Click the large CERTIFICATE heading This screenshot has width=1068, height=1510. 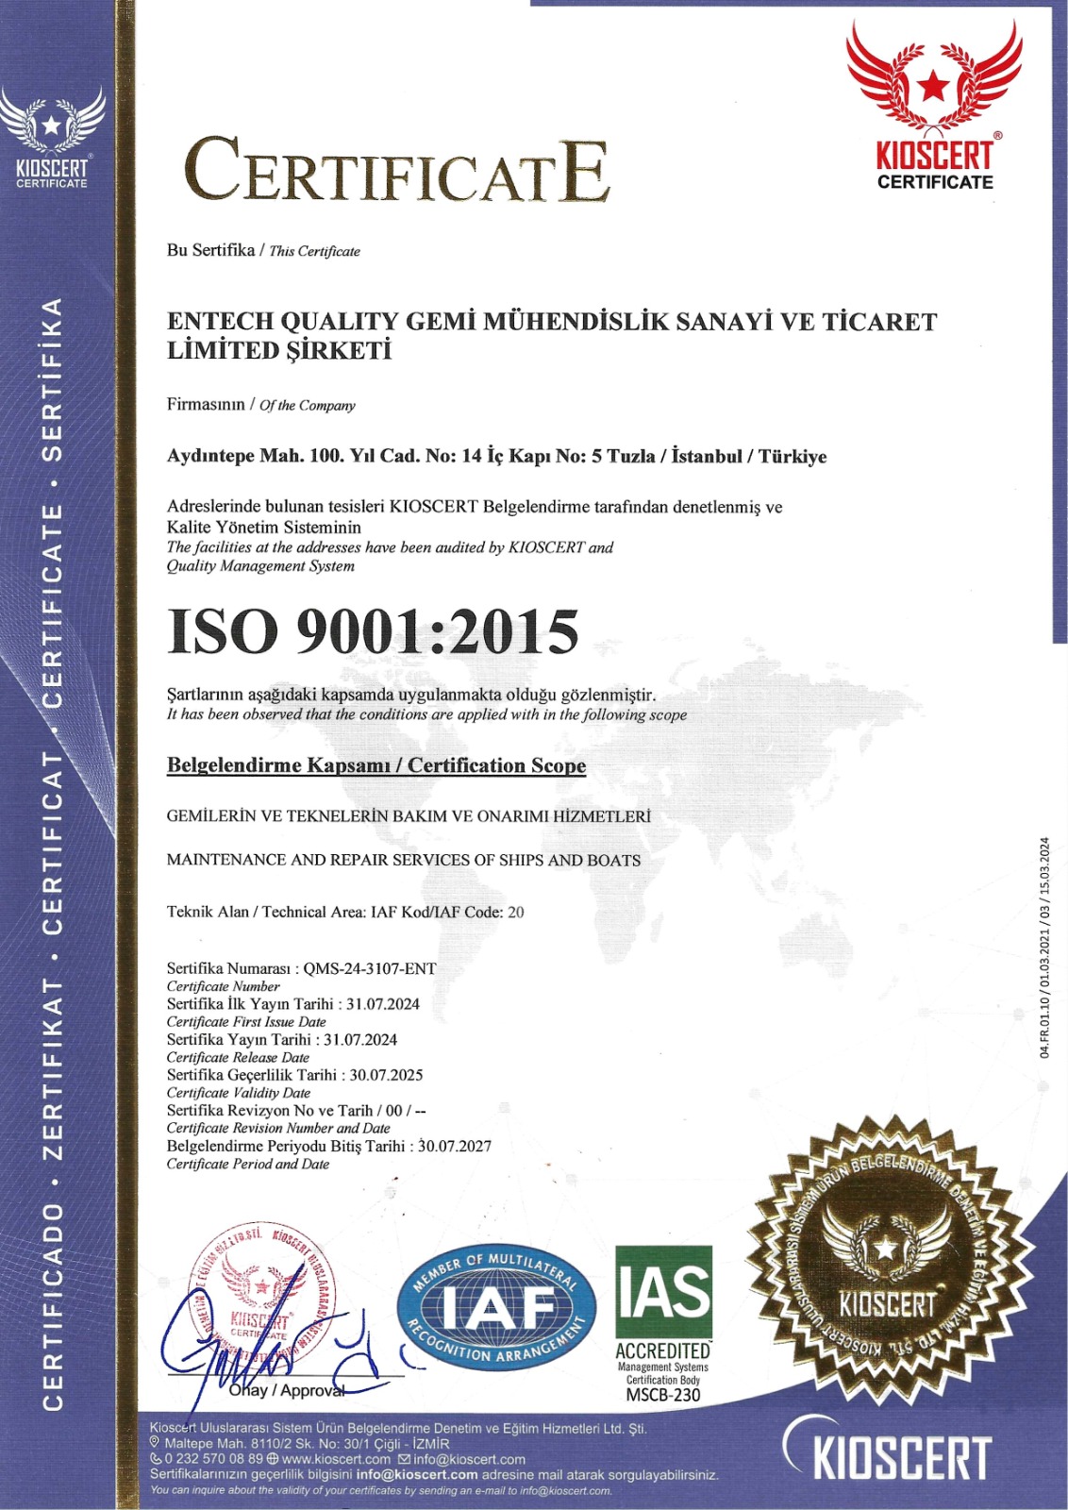(396, 170)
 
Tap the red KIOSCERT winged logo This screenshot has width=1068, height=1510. (934, 104)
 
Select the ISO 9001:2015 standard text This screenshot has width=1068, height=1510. (373, 631)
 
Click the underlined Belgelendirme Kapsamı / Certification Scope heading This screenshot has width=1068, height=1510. (376, 765)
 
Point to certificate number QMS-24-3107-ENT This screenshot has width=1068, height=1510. (370, 968)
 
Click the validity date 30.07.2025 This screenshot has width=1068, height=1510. (386, 1075)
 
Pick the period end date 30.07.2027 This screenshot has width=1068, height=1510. (455, 1146)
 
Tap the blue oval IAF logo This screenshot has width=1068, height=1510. (496, 1308)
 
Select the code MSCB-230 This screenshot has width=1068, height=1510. (663, 1395)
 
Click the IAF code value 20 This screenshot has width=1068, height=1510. (516, 913)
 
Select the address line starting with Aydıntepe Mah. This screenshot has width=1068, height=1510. (496, 457)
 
